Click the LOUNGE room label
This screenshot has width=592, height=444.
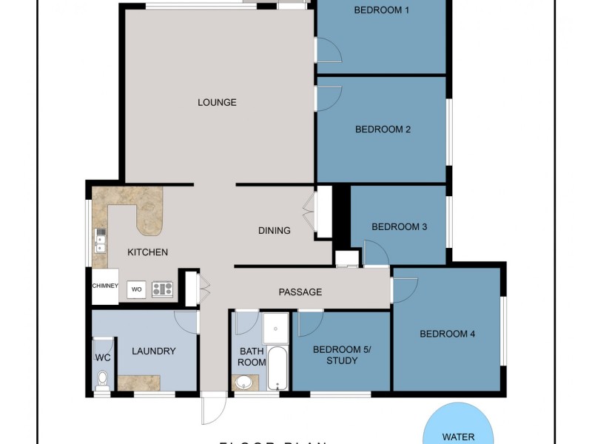pos(217,102)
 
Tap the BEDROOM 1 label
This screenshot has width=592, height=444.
pos(381,10)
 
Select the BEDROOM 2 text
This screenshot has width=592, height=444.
pos(383,129)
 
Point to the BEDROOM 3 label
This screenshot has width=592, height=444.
pos(399,227)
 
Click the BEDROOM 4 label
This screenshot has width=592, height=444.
pos(447,334)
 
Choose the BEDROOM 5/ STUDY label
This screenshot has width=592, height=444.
pos(341,355)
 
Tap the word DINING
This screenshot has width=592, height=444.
pos(274,231)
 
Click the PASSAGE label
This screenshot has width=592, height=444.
pos(300,292)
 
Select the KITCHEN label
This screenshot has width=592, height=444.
pos(147,252)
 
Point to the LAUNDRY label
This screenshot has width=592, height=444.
pos(154,351)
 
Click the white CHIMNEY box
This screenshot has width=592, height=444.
pos(105,286)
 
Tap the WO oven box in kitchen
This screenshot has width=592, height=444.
pos(136,289)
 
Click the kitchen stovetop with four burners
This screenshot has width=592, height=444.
pos(162,289)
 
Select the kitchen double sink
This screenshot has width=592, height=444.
pos(100,240)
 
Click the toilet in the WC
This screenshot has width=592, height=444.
pos(102,380)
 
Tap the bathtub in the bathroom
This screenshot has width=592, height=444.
pos(277,368)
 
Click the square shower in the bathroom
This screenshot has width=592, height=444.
pos(275,327)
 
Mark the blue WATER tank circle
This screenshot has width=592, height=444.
pos(458,425)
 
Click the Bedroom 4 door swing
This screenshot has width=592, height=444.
pos(404,289)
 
